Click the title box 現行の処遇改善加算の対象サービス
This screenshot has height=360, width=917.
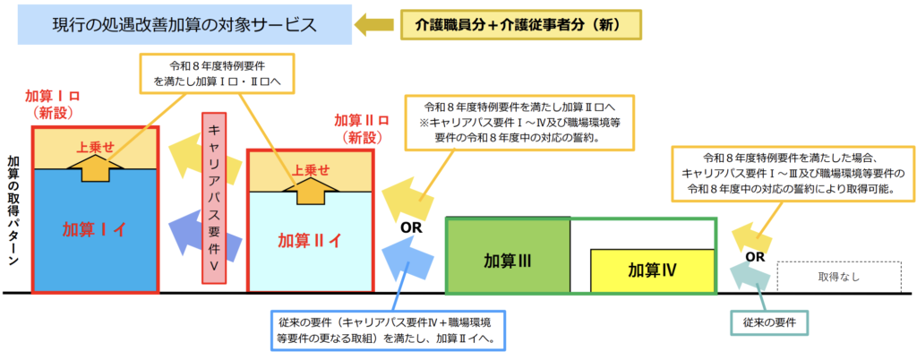tap(184, 25)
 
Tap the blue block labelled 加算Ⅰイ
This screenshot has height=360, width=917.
tap(94, 229)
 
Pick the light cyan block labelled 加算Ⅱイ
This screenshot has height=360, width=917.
tap(309, 240)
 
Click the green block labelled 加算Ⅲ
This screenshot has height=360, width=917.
tap(508, 261)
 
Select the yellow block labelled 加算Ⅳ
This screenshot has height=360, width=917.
tap(651, 270)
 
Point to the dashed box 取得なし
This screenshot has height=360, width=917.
tap(837, 277)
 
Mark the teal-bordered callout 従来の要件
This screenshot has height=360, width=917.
tap(769, 320)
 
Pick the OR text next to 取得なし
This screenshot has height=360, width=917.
tap(755, 257)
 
